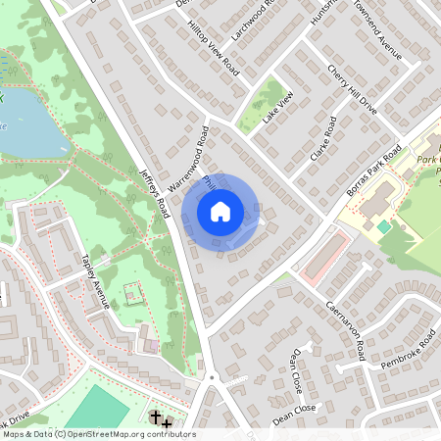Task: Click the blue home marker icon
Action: click(x=220, y=210)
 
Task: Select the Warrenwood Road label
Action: click(x=189, y=156)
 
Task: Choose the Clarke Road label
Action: click(x=320, y=140)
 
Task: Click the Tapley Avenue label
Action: click(x=95, y=281)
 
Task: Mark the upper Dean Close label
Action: click(x=293, y=367)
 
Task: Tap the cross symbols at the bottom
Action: click(x=161, y=420)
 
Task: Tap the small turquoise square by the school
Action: click(x=383, y=226)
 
